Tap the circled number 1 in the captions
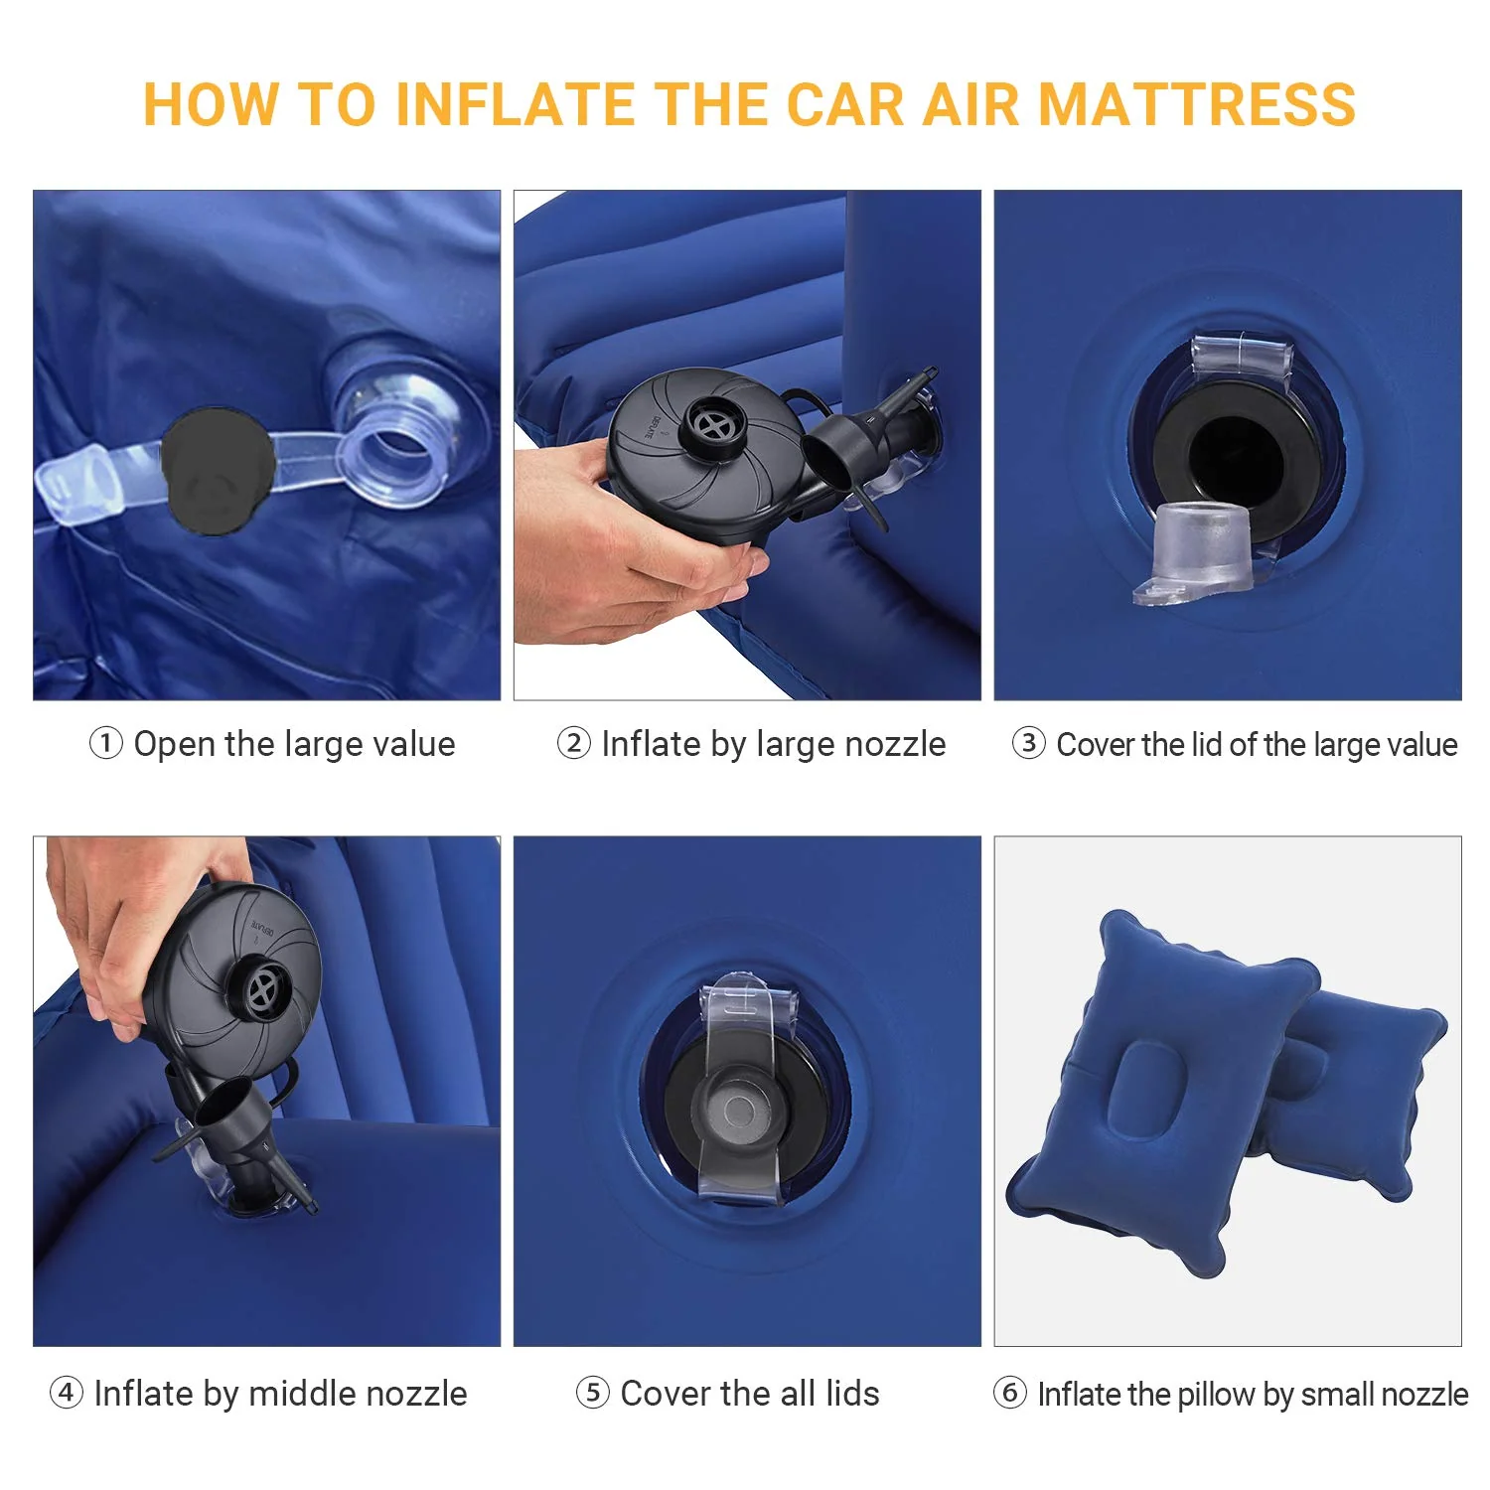(106, 743)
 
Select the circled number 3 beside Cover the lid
(1028, 743)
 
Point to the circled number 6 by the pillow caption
(1009, 1393)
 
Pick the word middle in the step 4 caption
(297, 1394)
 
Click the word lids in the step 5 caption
(852, 1394)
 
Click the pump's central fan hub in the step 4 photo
(264, 988)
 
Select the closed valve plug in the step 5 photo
(740, 1108)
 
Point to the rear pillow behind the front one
(1371, 1083)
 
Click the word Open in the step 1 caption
(176, 744)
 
